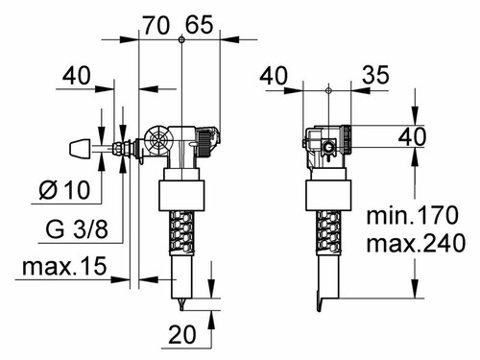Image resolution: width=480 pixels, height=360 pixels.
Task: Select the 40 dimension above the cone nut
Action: (79, 74)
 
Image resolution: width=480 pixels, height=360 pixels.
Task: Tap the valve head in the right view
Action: (328, 143)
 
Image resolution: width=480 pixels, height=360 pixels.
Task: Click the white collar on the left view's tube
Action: (180, 195)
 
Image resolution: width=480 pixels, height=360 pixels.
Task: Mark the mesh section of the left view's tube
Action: (180, 234)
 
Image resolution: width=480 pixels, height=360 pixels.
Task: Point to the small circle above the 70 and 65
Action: (180, 39)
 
